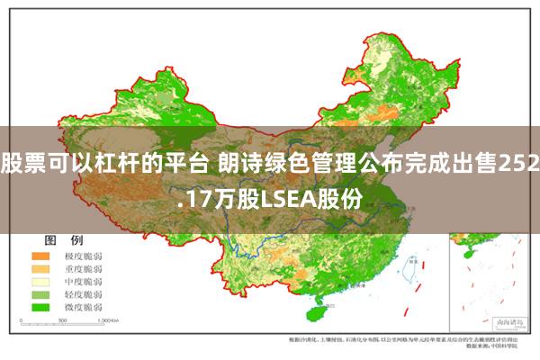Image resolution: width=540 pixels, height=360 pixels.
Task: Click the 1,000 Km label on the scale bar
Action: (x=110, y=320)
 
